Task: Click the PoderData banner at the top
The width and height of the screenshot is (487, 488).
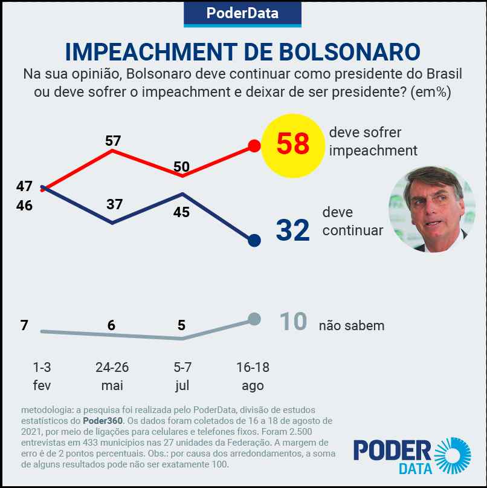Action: [242, 13]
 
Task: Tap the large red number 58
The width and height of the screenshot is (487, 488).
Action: [293, 144]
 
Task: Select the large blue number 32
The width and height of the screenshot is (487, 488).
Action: [293, 230]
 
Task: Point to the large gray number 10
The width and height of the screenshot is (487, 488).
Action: [294, 322]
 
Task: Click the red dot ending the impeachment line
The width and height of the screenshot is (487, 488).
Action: [254, 146]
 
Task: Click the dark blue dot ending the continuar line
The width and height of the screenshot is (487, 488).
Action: [254, 241]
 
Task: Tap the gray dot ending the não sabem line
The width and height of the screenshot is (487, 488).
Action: [254, 319]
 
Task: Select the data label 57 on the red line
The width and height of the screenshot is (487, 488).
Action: [113, 141]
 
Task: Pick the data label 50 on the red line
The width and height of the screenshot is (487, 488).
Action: [182, 166]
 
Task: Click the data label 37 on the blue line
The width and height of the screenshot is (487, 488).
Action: [114, 204]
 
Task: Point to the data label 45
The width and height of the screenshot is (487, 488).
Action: [182, 212]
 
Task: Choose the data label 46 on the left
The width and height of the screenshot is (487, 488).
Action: [25, 206]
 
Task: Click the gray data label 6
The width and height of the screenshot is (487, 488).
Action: [111, 325]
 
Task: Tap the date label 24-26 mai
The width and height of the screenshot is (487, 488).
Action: [112, 376]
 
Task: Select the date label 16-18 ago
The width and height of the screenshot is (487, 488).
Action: [253, 376]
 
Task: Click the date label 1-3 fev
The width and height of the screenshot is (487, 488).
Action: [42, 376]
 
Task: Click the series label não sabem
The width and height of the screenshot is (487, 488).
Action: [352, 325]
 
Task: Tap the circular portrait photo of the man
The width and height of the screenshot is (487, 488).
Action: [431, 209]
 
